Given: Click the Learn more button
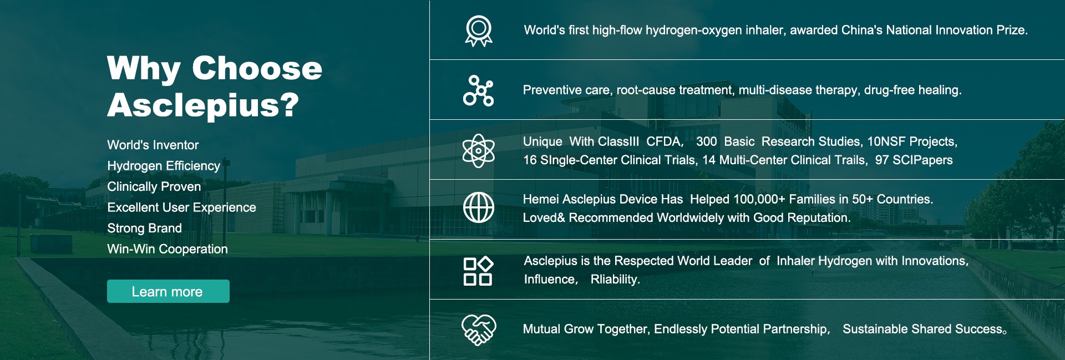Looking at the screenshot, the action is coord(168,291).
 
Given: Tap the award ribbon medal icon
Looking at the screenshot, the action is coord(479,31).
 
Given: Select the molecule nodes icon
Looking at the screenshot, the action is coord(478,90).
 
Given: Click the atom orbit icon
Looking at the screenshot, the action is coord(478,151).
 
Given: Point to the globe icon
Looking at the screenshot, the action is coord(479,207).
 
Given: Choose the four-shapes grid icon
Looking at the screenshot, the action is coord(478,271).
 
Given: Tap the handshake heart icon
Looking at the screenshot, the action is coord(479,330).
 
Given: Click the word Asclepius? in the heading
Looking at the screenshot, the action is coord(203,105).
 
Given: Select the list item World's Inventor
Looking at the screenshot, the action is coord(153,145).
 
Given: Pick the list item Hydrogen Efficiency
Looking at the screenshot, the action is coord(164,166).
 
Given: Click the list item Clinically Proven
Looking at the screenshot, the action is coord(154,186).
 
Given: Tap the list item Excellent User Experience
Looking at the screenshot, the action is coord(181,207).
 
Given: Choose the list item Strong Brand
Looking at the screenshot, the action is coord(144,228).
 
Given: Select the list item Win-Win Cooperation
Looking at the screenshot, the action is coord(168,249).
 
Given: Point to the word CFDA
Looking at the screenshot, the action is coord(665,141).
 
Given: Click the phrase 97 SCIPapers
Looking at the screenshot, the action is coord(914,160).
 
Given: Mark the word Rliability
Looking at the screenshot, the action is coord(615,279).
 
